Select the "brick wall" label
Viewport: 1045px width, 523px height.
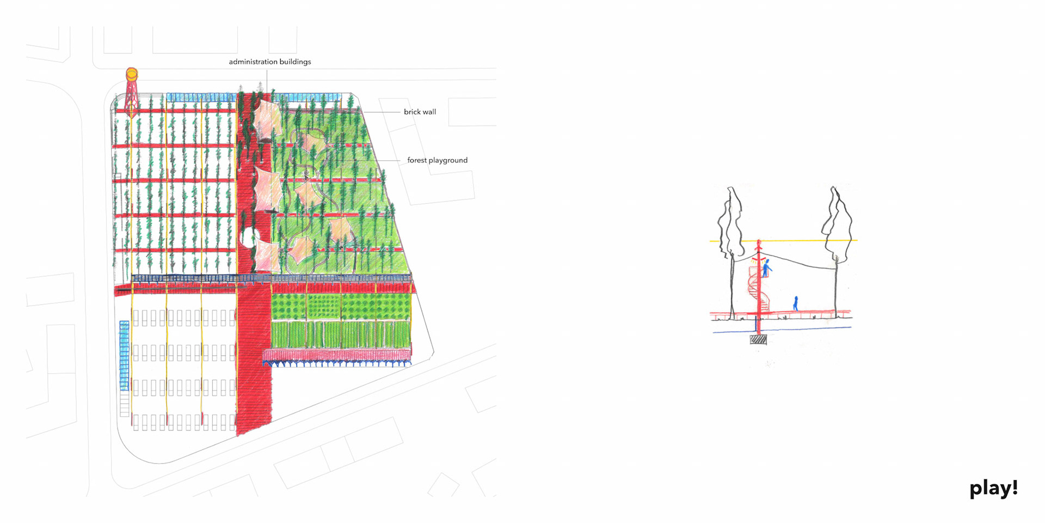tap(420, 112)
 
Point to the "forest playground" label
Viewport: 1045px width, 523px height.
tap(437, 160)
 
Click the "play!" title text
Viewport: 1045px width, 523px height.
tap(993, 488)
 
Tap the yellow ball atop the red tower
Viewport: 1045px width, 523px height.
tap(132, 74)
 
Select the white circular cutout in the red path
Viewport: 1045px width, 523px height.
tap(248, 238)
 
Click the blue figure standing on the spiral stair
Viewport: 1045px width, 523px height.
tap(766, 268)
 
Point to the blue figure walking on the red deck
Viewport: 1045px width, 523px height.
tap(796, 303)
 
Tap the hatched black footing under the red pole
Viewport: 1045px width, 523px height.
tap(758, 340)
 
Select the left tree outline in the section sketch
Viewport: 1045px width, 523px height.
tap(730, 223)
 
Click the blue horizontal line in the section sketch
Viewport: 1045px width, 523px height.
tap(806, 329)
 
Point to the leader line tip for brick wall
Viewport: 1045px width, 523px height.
tap(364, 112)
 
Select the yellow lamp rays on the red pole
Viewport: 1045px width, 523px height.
tap(763, 258)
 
